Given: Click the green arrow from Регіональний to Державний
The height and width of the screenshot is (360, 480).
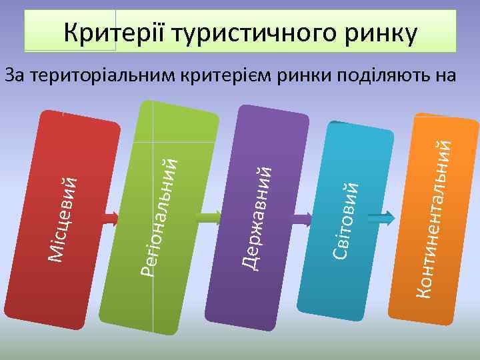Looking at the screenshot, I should pyautogui.click(x=209, y=216).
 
